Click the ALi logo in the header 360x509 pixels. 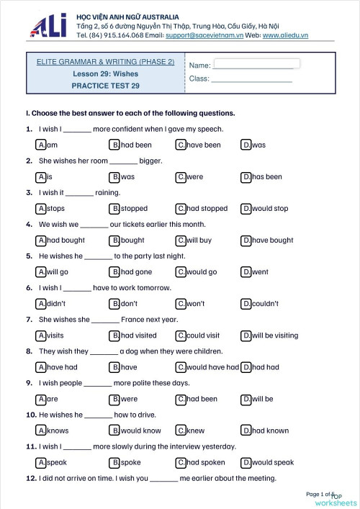(x=48, y=26)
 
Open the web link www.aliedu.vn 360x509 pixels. (x=287, y=35)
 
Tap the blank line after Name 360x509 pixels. (x=253, y=66)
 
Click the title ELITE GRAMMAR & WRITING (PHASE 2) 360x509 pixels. (x=105, y=62)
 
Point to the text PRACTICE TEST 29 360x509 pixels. (x=105, y=86)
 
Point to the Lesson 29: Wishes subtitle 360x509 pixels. (x=105, y=74)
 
